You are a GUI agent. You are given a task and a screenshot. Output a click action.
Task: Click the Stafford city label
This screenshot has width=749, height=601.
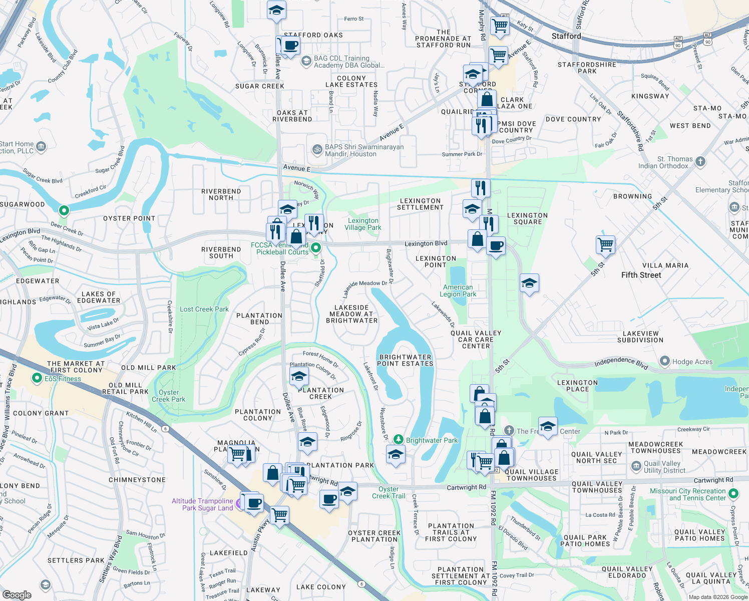tap(566, 36)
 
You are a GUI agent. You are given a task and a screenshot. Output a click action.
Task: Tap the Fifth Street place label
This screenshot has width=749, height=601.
tap(641, 275)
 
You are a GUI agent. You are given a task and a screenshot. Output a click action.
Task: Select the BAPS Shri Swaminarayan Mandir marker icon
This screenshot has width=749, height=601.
tap(317, 149)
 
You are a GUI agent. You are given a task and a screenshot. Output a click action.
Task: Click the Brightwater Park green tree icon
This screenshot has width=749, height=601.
tap(398, 439)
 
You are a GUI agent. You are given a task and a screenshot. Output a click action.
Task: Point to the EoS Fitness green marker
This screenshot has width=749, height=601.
tap(37, 378)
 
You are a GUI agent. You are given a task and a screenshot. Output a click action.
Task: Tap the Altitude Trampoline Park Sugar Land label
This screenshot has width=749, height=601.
tap(203, 504)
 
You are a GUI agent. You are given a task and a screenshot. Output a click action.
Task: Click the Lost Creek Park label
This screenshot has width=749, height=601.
tap(204, 309)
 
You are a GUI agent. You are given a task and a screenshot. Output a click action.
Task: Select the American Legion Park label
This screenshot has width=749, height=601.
tap(458, 291)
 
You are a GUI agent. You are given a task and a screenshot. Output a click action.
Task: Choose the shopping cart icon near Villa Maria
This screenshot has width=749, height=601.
tap(606, 245)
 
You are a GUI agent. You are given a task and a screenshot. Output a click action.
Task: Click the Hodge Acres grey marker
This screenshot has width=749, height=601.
tap(665, 361)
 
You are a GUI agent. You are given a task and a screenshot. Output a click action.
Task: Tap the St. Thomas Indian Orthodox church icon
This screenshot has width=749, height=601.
tap(700, 161)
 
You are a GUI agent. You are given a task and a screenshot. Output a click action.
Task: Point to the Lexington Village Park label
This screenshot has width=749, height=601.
tap(363, 224)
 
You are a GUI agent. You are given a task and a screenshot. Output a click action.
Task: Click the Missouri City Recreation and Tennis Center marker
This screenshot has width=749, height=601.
tap(733, 494)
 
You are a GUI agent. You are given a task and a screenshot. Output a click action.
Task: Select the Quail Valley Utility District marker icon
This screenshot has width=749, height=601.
tap(636, 467)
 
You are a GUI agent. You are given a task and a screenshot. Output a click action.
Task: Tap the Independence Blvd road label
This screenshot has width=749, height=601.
tap(621, 362)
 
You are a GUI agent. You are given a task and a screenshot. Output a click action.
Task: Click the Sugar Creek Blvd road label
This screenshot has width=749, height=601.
tap(42, 176)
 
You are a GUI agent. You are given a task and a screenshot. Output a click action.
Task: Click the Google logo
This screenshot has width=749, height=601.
tap(17, 594)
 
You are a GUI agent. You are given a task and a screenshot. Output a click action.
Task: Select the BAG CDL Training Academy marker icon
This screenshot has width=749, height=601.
tap(306, 61)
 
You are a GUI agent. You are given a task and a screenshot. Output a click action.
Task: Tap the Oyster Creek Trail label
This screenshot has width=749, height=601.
tap(389, 492)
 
